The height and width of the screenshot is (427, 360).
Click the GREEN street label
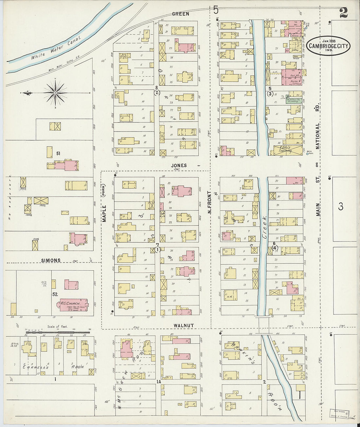[180, 14]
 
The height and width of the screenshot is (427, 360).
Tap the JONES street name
[179, 166]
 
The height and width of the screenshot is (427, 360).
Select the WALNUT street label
[184, 326]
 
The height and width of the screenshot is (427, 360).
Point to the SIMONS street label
[51, 260]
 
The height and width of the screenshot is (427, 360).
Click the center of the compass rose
[55, 93]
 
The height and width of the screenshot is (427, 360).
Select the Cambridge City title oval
[329, 45]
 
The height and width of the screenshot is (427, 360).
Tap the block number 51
[58, 153]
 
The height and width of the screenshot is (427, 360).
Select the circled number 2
[157, 93]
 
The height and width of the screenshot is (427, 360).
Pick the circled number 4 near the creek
[275, 248]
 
